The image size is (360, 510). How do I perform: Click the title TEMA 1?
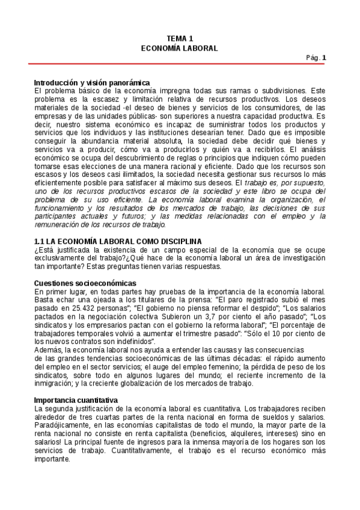click(x=180, y=38)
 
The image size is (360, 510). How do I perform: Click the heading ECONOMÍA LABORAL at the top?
click(x=180, y=48)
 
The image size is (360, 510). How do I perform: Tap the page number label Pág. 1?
click(x=316, y=58)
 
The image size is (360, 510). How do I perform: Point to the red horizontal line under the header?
click(x=180, y=64)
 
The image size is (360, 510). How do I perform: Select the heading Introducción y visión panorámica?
click(x=91, y=82)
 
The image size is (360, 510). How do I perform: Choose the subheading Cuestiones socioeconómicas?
click(x=85, y=283)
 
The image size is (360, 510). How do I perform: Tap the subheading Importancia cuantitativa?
click(x=76, y=400)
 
